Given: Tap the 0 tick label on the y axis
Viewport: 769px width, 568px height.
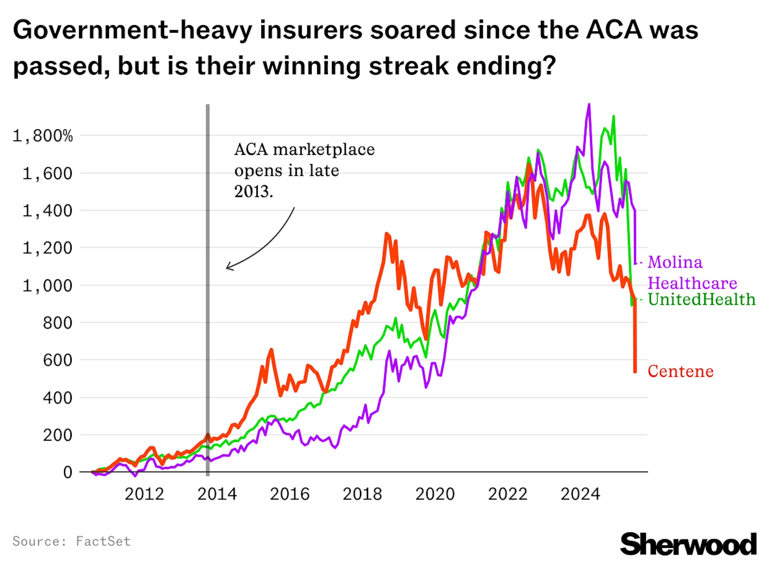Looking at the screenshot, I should (x=68, y=472).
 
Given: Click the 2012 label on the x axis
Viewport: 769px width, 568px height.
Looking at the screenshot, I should (x=144, y=494).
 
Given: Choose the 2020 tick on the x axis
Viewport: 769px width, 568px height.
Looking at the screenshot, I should (x=435, y=494).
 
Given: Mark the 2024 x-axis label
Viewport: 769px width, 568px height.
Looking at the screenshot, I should (x=581, y=494).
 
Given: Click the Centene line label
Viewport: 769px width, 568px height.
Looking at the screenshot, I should (x=680, y=371).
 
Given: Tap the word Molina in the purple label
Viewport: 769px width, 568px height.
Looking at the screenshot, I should (x=675, y=262).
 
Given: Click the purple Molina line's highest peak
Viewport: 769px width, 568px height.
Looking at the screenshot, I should (x=589, y=105).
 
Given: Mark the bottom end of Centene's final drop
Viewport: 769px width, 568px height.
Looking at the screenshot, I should (x=635, y=372).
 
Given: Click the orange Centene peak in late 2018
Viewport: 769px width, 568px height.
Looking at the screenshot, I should (x=387, y=234).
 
